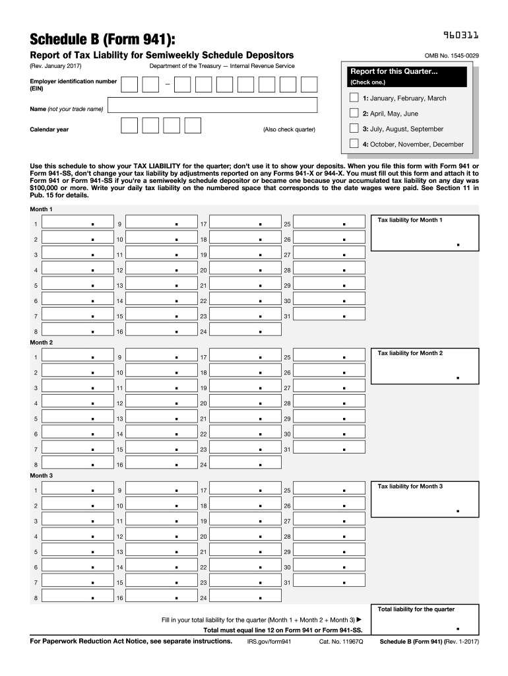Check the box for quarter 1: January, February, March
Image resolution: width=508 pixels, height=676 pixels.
pyautogui.click(x=354, y=98)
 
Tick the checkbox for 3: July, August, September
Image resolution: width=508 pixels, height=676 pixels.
pyautogui.click(x=354, y=129)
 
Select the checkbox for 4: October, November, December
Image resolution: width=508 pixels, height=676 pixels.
pyautogui.click(x=354, y=144)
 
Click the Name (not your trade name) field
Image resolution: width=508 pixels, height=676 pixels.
pyautogui.click(x=212, y=106)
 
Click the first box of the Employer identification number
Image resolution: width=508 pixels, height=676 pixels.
pyautogui.click(x=130, y=84)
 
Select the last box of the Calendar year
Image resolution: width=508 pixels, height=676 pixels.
pyautogui.click(x=193, y=126)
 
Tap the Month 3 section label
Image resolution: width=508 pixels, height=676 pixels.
pyautogui.click(x=41, y=475)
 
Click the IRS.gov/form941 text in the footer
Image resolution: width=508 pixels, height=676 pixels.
pyautogui.click(x=269, y=641)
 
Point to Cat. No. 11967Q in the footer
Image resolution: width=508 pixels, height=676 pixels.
pyautogui.click(x=341, y=641)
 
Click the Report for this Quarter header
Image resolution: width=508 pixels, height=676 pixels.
pyautogui.click(x=394, y=71)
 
